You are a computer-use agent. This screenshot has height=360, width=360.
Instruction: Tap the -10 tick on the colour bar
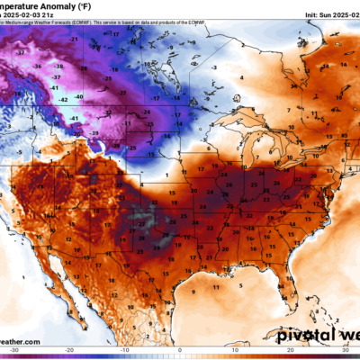click(x=125, y=352)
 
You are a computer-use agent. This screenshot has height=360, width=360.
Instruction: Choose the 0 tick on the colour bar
click(x=180, y=352)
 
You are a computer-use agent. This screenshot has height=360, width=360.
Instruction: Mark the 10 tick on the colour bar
click(x=234, y=352)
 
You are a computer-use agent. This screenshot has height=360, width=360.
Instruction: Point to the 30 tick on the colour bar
click(x=344, y=352)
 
